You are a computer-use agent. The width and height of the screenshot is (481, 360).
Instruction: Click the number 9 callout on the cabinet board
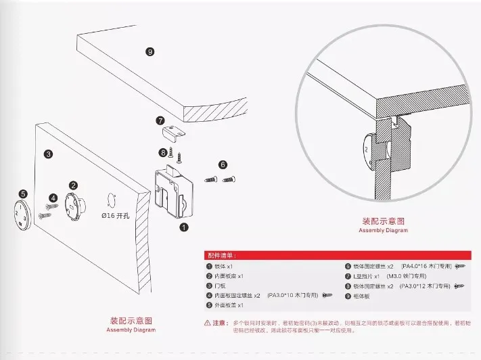click(150, 51)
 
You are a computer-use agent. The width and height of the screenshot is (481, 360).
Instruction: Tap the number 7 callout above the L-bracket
click(160, 121)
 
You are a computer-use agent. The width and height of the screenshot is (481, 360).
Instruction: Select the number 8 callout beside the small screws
click(163, 153)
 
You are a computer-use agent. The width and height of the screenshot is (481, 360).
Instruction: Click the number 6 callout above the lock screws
click(223, 164)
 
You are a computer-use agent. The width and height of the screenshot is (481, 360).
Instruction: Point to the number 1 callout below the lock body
click(184, 228)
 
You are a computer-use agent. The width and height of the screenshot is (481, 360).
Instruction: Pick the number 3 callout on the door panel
click(49, 154)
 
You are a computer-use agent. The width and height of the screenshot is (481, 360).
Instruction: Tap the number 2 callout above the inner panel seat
click(73, 185)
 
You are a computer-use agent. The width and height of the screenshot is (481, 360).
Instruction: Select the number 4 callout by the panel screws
click(53, 198)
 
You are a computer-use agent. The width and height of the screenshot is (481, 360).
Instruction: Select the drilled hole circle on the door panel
click(112, 200)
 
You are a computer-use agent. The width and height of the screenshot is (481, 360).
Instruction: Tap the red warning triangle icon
click(208, 323)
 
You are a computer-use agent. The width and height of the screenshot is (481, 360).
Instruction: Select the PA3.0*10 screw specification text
click(292, 295)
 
